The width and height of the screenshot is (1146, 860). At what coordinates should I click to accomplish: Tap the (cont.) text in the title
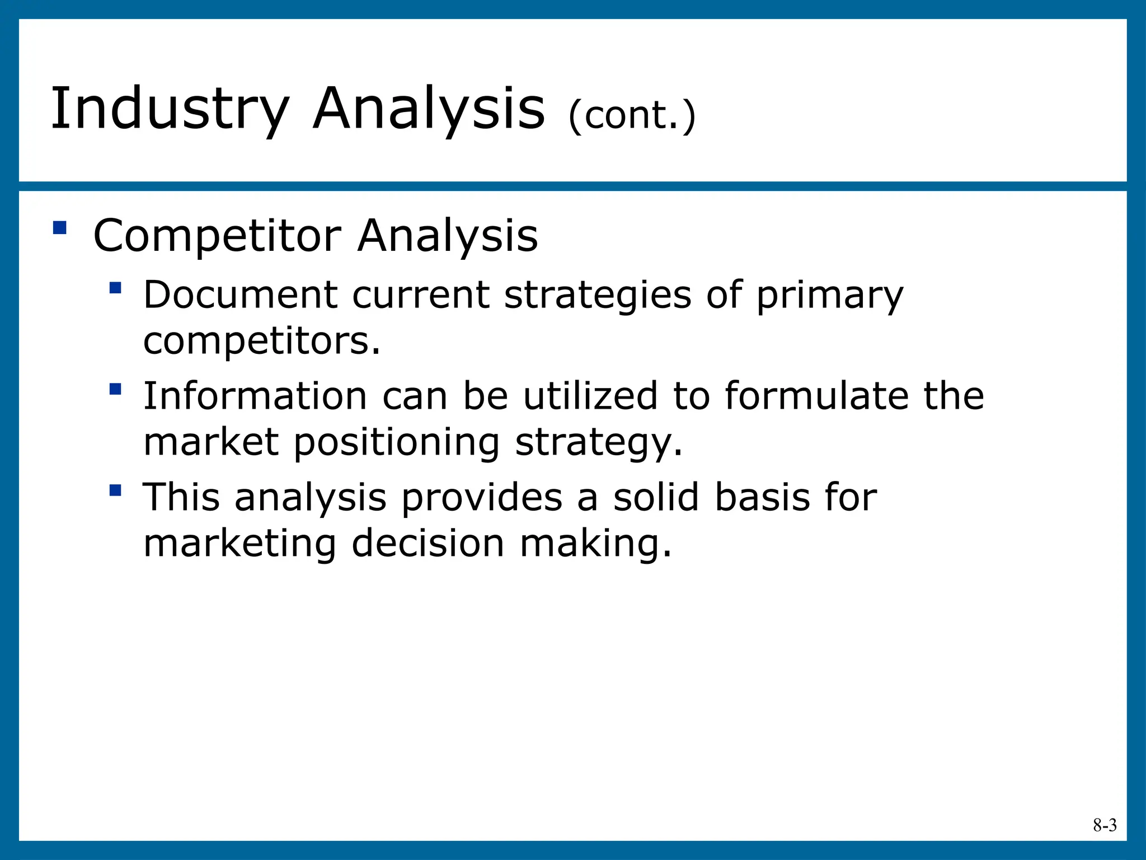coord(632,116)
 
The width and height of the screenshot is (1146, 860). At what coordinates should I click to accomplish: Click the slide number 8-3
coord(1105,825)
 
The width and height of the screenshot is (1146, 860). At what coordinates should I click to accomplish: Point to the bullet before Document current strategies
coord(115,288)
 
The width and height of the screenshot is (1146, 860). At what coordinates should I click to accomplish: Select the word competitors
coord(262,342)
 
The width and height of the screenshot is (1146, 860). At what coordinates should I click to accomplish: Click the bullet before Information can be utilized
coord(115,389)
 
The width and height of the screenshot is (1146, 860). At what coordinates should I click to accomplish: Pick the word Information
coord(255,396)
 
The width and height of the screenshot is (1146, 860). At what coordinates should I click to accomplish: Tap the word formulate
coord(816,396)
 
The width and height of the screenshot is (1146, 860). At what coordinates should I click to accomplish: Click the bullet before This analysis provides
coord(115,490)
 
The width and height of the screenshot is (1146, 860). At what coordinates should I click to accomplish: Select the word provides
coord(482,498)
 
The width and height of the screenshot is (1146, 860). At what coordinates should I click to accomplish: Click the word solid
coord(656,497)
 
